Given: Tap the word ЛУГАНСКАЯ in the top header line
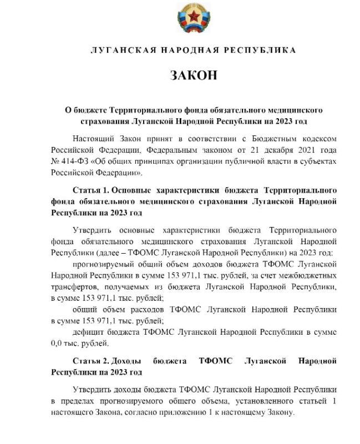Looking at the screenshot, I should point(114,50).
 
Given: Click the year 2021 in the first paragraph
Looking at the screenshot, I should point(307,149).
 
